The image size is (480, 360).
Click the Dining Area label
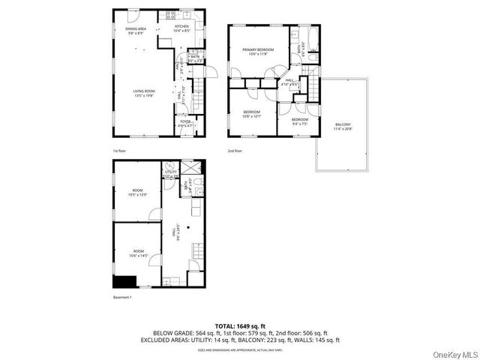[136, 31]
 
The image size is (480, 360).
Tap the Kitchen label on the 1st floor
[182, 28]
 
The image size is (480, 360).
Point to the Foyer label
[184, 123]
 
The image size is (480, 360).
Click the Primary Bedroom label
[257, 52]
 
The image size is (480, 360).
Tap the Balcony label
[343, 127]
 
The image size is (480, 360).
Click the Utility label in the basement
[170, 175]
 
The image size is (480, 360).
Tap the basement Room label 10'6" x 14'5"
[137, 253]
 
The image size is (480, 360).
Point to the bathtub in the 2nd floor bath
[312, 37]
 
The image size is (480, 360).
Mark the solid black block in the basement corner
[124, 282]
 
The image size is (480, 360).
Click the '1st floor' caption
[118, 151]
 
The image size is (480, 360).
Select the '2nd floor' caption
[235, 151]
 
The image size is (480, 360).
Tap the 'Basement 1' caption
[121, 298]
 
